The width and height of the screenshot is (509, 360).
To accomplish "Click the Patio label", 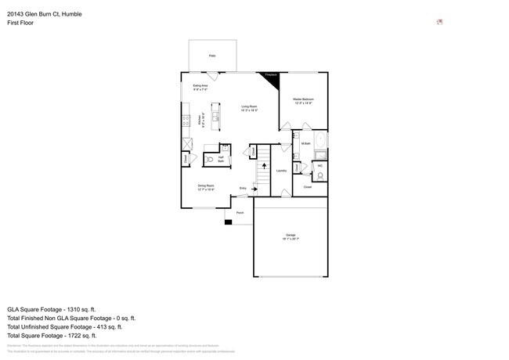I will (212, 56).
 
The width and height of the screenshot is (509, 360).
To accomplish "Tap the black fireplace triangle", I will (272, 77).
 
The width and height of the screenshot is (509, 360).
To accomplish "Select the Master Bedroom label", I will (303, 101).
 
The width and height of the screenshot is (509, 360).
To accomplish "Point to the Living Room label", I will (250, 109).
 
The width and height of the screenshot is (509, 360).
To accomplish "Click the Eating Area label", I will (200, 87).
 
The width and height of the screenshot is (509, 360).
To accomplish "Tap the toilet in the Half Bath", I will (210, 160).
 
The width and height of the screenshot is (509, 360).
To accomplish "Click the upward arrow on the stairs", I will (264, 166).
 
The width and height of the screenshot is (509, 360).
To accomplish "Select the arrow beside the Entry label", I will (251, 189).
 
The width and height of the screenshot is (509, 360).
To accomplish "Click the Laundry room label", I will (280, 170).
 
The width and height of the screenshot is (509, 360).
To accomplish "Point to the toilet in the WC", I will (319, 175).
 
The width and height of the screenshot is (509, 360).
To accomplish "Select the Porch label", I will (240, 213).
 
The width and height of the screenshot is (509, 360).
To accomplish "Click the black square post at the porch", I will (228, 222).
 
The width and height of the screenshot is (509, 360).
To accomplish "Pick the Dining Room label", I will (205, 186).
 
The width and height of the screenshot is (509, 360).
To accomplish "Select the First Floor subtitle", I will (20, 23).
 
